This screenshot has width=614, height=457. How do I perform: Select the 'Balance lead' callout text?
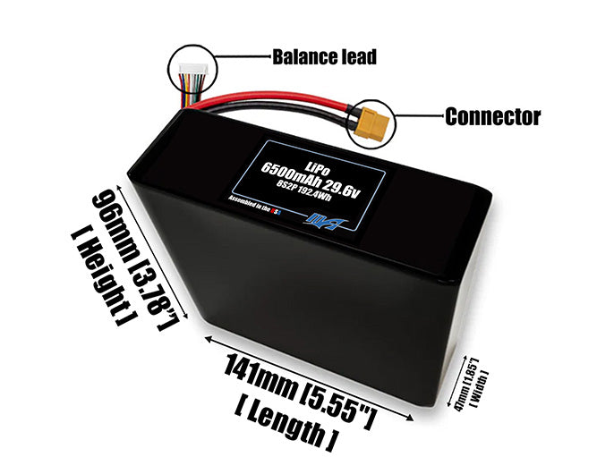(x=324, y=58)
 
